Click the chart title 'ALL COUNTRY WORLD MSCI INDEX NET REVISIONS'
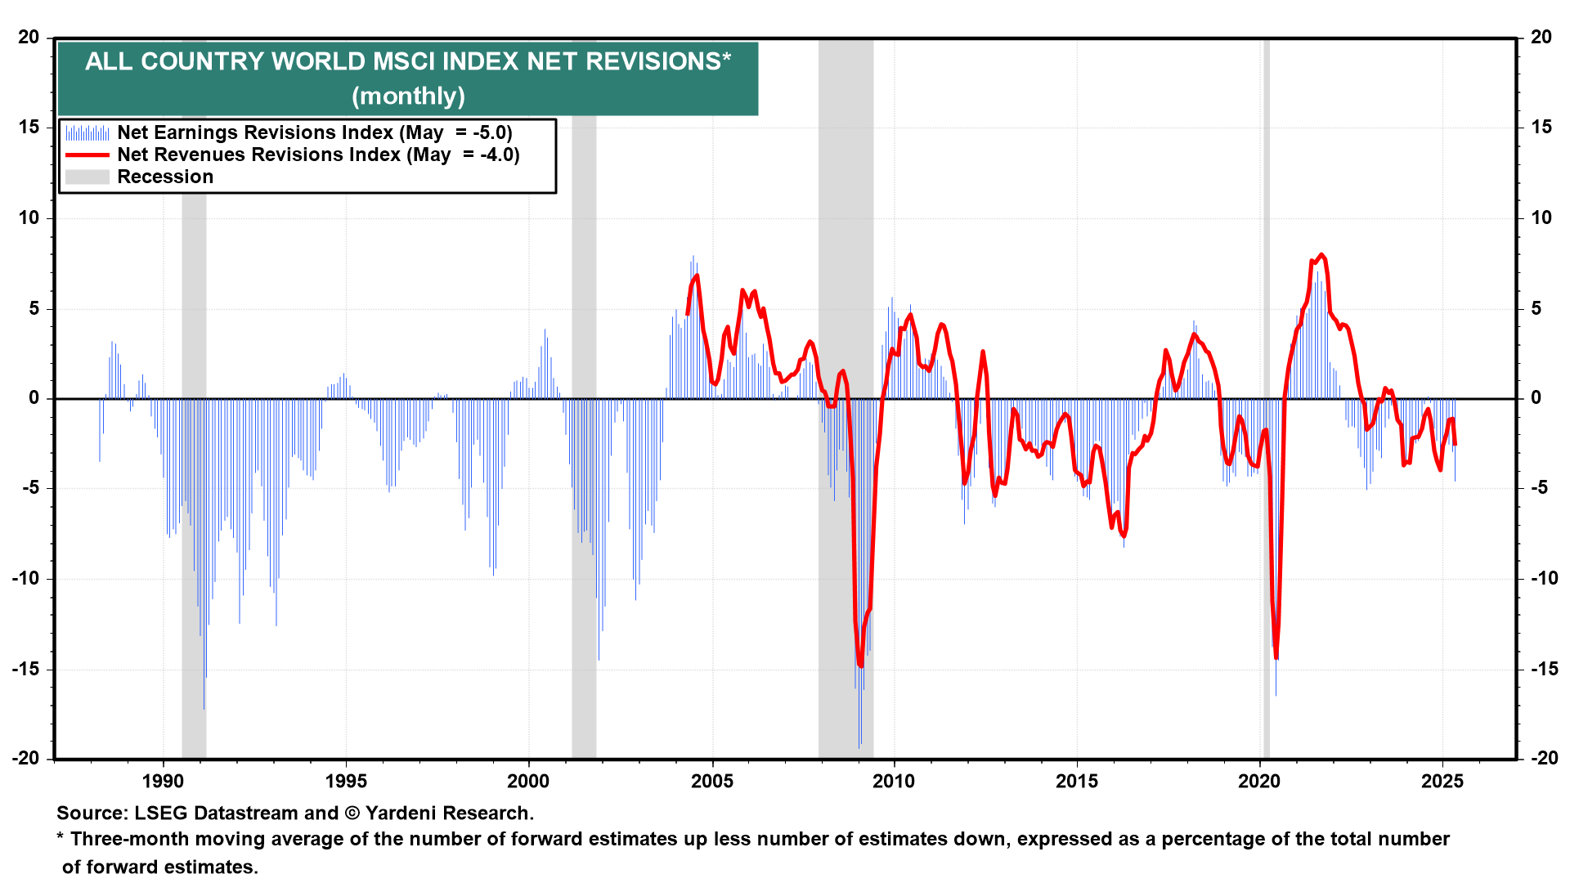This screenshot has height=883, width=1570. click(407, 61)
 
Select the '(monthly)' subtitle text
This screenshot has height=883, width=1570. click(408, 96)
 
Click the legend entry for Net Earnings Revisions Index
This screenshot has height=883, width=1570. click(314, 132)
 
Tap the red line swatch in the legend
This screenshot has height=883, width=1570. click(87, 155)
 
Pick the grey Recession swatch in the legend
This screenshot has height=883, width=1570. click(87, 177)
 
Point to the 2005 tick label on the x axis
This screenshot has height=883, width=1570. click(711, 782)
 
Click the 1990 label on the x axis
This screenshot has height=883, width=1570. click(163, 782)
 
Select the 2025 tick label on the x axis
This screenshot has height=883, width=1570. click(1442, 782)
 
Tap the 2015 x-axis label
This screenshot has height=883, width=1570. click(1077, 782)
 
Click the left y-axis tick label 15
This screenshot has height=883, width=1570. click(29, 127)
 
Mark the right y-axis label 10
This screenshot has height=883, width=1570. click(1541, 217)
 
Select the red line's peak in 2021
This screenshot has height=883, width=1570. click(1322, 255)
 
